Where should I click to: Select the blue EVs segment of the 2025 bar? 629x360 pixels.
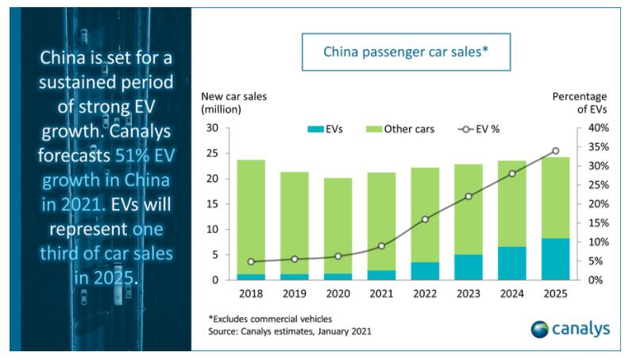[x=555, y=259]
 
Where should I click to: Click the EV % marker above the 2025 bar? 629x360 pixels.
[x=555, y=150]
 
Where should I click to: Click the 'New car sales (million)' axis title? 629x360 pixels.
[x=233, y=102]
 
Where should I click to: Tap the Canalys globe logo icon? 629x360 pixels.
[x=540, y=327]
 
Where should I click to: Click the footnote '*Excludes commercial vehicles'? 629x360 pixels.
[x=267, y=317]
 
